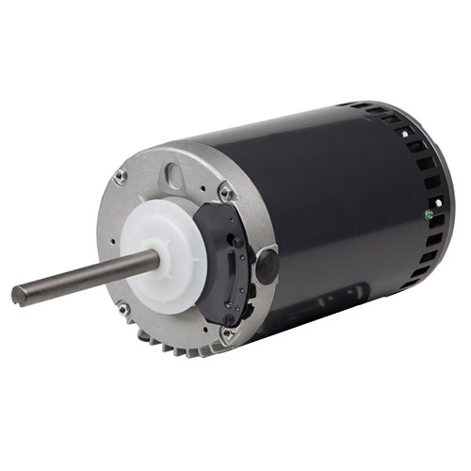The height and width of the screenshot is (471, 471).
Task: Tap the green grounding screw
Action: point(429,214)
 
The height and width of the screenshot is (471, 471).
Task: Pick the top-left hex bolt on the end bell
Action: point(120,176)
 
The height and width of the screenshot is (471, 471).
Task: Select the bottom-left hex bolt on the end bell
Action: point(122,306)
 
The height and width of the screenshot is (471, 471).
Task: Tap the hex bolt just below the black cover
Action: point(225,332)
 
